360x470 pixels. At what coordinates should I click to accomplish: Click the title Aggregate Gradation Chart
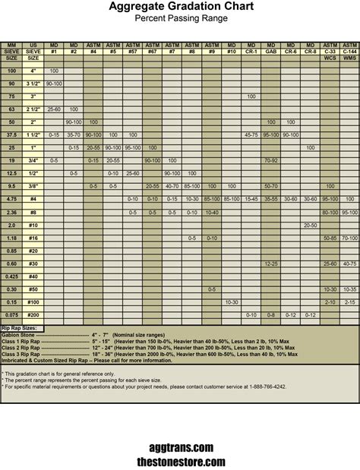tap(180, 7)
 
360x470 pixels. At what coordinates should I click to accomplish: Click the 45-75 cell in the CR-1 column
tap(251, 134)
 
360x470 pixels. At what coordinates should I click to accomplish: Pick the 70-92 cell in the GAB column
tap(271, 160)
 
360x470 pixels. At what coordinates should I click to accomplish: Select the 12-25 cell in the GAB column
tap(271, 263)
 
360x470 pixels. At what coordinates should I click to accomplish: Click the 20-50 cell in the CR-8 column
tap(311, 225)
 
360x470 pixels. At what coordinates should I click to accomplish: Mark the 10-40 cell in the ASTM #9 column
tap(212, 212)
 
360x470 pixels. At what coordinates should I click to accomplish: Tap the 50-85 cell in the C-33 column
tap(330, 238)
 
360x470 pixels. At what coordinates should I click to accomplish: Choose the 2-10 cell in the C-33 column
tap(330, 301)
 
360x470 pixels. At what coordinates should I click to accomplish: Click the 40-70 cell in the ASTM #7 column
tap(172, 186)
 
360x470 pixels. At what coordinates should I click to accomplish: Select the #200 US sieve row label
tap(33, 314)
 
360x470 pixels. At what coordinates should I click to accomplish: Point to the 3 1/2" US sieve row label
tap(33, 83)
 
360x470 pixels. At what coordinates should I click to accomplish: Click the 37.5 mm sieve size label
tap(12, 134)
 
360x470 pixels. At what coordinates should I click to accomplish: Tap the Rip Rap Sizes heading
tap(21, 327)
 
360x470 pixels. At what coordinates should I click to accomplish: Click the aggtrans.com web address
tap(181, 447)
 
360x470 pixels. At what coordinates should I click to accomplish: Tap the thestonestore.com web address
tap(181, 461)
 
